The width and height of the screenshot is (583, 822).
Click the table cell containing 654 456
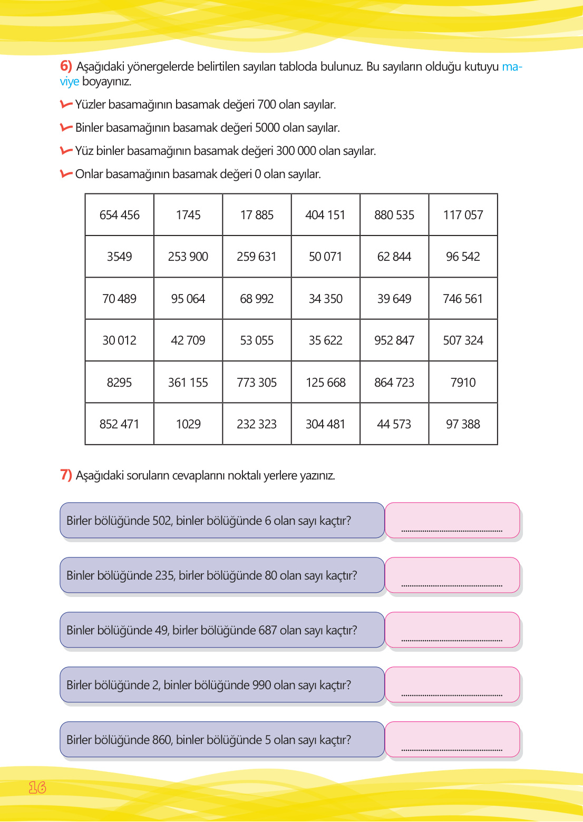coord(120,215)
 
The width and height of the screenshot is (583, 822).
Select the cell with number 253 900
coord(188,257)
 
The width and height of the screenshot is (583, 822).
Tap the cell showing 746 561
coord(463,299)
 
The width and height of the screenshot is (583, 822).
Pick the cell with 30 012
coord(120,340)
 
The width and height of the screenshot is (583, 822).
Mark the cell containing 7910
coord(463,383)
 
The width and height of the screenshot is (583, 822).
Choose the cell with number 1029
coord(188,424)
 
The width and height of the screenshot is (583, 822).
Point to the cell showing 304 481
coord(325,424)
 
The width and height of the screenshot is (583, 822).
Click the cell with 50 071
coord(325,257)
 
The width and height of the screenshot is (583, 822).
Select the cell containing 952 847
coord(394,340)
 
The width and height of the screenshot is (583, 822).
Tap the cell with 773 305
coord(257,383)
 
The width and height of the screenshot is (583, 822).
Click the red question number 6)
coord(66,66)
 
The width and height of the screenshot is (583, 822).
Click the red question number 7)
coord(66,475)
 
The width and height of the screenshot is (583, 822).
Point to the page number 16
coord(37,787)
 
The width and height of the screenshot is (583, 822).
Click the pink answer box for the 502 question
coord(452,520)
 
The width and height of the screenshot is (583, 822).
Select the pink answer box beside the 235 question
coord(452,575)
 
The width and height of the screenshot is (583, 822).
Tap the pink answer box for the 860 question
coord(452,739)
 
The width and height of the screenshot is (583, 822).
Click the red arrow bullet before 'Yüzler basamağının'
coord(66,104)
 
